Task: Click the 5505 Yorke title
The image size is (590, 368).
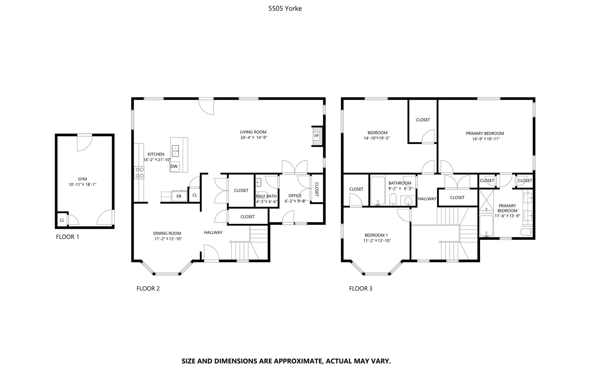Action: pyautogui.click(x=285, y=8)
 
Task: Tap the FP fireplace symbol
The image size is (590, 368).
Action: pyautogui.click(x=316, y=136)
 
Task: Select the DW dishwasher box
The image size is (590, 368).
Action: pyautogui.click(x=174, y=166)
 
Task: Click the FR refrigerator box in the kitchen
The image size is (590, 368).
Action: pyautogui.click(x=179, y=196)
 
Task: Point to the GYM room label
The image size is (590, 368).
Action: pyautogui.click(x=82, y=179)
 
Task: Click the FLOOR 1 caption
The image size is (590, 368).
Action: pyautogui.click(x=67, y=237)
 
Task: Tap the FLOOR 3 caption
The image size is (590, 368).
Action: pyautogui.click(x=361, y=288)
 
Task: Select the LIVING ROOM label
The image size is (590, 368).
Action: pyautogui.click(x=253, y=132)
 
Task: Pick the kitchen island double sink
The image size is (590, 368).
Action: pyautogui.click(x=176, y=151)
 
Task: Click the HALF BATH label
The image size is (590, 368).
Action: pyautogui.click(x=266, y=196)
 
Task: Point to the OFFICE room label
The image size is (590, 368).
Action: pyautogui.click(x=295, y=196)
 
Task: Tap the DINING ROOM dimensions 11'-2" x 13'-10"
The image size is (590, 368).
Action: pyautogui.click(x=168, y=239)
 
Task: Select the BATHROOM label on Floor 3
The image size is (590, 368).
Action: pyautogui.click(x=400, y=183)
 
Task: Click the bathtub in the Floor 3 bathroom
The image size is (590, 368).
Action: pyautogui.click(x=378, y=191)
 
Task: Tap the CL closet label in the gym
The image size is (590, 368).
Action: pyautogui.click(x=62, y=220)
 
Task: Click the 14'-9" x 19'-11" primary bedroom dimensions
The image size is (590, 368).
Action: pyautogui.click(x=486, y=139)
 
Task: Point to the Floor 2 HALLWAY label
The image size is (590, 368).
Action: pyautogui.click(x=213, y=232)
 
